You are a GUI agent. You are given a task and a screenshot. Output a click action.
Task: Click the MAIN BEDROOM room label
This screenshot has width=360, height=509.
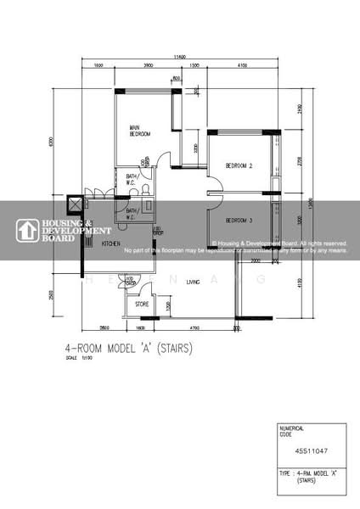point(140,131)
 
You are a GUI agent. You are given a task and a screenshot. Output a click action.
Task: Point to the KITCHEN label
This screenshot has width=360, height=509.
point(111,243)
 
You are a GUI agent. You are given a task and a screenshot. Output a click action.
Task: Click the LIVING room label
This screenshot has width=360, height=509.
point(193,282)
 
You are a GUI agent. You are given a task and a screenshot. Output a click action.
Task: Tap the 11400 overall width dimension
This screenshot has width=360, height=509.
point(179,57)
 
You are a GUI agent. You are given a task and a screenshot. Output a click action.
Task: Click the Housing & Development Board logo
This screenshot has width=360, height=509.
point(64,230)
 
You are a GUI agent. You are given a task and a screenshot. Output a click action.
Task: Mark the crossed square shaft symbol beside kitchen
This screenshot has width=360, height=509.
point(75,204)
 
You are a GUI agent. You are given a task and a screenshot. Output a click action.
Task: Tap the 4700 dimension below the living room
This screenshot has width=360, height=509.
point(194,327)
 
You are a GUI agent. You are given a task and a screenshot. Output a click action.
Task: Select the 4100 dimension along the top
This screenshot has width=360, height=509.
point(241,65)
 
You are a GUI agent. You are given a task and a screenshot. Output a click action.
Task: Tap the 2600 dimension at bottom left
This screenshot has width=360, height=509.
point(103,327)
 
